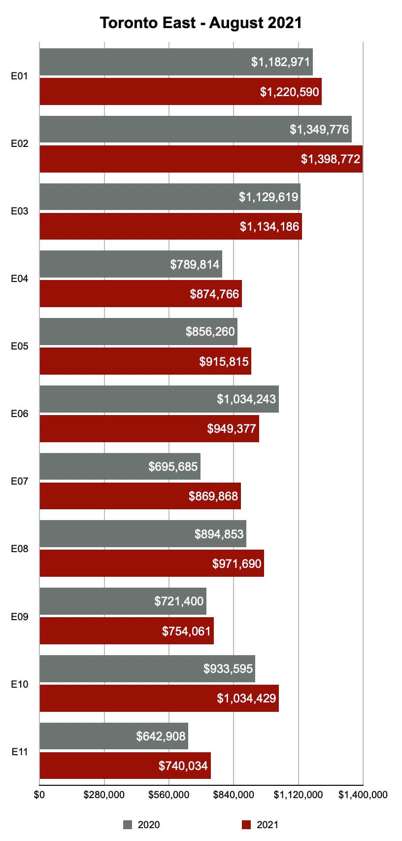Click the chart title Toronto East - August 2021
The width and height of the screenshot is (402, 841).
point(201,23)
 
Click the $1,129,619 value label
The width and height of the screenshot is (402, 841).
point(268,197)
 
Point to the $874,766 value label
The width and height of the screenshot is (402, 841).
point(214,294)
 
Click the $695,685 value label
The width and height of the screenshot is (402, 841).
point(173,466)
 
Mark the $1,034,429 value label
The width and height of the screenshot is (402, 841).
point(246,698)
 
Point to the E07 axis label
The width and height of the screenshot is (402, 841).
point(20,481)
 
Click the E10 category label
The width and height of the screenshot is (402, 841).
point(20,684)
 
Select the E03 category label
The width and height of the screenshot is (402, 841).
point(20,211)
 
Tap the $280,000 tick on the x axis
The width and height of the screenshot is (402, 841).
point(104,795)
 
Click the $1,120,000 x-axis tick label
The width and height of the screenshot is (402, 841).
point(298,795)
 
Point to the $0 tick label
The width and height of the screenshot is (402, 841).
point(39,795)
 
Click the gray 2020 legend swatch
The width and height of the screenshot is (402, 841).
point(128,825)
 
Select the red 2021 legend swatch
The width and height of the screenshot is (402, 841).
point(247,825)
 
